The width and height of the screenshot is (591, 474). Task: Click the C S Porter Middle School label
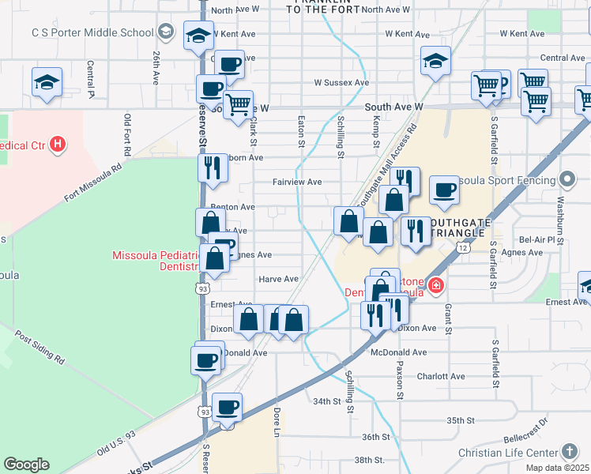92,32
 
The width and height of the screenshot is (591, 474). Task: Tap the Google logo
26,465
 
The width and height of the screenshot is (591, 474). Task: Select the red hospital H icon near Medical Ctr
57,145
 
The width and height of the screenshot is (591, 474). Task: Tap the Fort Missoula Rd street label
93,180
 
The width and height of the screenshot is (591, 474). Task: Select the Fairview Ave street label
297,182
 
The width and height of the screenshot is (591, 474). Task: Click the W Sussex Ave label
341,82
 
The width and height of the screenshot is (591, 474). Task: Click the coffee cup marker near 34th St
228,408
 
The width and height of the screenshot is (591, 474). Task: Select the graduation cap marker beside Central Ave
435,61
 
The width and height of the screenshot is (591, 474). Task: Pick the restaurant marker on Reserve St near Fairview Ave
212,167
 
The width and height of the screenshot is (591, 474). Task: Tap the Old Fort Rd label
128,134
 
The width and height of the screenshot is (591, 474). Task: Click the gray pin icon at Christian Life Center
570,452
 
